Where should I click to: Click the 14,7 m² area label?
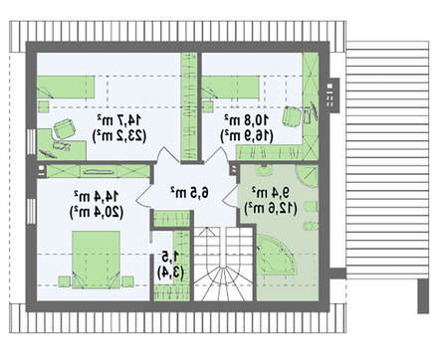(x=119, y=120)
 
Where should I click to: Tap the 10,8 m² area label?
(x=247, y=120)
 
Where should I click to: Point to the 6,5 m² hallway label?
(x=190, y=193)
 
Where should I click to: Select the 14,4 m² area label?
(x=97, y=197)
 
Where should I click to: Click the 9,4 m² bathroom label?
(x=270, y=193)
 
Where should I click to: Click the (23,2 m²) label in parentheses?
(x=119, y=135)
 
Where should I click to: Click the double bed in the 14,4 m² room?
(x=96, y=260)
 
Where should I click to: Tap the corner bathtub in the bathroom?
(x=276, y=255)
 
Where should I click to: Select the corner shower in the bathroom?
(x=307, y=177)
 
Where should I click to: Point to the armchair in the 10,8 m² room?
(x=292, y=116)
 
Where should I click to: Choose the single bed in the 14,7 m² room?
(x=66, y=87)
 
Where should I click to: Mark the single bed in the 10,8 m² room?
(x=231, y=88)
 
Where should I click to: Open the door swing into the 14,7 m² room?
(x=168, y=155)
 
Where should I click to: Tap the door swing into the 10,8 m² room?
(x=217, y=155)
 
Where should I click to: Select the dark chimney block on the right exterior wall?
(x=332, y=95)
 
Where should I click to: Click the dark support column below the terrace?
(x=423, y=296)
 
